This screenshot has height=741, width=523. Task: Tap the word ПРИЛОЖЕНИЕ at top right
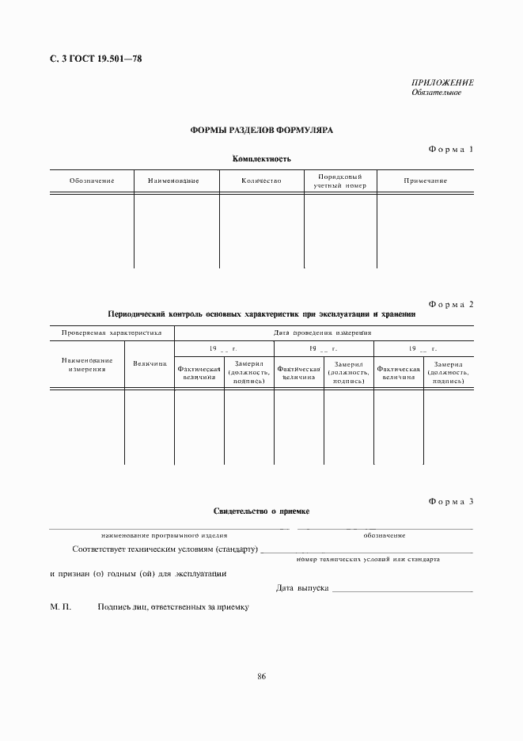click(442, 82)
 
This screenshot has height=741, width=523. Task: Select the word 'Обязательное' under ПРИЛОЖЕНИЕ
click(436, 93)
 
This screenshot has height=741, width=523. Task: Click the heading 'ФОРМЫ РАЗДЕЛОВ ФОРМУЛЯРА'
click(261, 131)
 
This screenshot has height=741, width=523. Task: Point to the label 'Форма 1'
click(450, 149)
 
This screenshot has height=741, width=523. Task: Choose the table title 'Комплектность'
click(261, 159)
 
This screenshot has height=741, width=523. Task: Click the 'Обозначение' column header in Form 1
click(92, 181)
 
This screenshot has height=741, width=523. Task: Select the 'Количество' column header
click(261, 181)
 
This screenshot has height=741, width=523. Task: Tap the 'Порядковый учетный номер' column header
click(339, 180)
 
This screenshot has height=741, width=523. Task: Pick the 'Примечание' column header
click(425, 181)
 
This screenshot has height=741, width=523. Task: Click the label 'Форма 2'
click(450, 304)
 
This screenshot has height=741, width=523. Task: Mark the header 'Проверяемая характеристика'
click(112, 333)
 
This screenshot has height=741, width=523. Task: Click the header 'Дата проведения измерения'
click(323, 333)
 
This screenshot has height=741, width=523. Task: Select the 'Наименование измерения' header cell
click(87, 364)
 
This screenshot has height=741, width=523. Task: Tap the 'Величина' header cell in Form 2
click(150, 363)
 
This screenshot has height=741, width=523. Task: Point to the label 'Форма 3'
click(450, 501)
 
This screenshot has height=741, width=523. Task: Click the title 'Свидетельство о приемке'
click(261, 511)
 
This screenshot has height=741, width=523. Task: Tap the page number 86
click(261, 675)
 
